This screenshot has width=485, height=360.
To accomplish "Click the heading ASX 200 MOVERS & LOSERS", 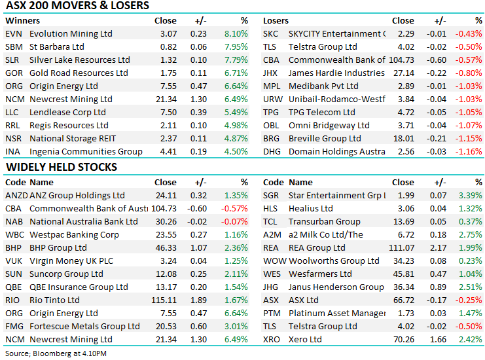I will click(77, 6).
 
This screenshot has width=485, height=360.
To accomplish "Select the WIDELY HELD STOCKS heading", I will click(61, 167).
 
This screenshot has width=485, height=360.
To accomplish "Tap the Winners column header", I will click(22, 20).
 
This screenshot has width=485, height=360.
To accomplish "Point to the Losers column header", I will click(276, 20).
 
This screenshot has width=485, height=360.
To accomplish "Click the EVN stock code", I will click(13, 33).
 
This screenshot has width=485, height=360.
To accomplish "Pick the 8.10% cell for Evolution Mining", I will click(236, 33).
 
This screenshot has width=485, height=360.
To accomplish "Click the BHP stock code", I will click(14, 248).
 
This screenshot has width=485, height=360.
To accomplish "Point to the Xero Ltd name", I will click(305, 340).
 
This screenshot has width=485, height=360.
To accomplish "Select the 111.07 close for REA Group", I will click(402, 248).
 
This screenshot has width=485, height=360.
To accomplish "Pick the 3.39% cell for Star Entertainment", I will click(471, 196).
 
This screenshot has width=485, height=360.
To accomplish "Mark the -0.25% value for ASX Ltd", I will click(470, 300).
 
